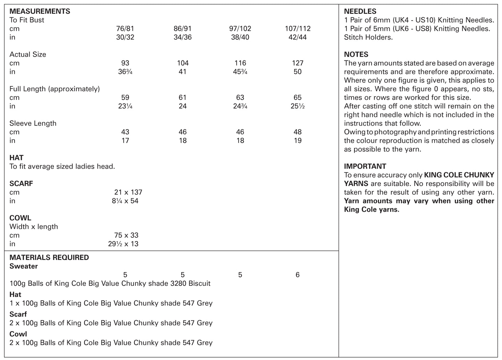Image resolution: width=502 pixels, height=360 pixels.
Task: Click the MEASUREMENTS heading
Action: pyautogui.click(x=40, y=11)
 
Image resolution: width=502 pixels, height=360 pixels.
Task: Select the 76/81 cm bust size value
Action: pyautogui.click(x=125, y=29)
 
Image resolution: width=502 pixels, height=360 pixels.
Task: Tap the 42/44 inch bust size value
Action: pyautogui.click(x=297, y=37)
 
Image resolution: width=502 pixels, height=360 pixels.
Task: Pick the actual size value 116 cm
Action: pyautogui.click(x=240, y=63)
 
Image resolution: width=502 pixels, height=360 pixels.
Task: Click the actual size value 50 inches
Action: pyautogui.click(x=297, y=72)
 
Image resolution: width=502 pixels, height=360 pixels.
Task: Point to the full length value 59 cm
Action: pyautogui.click(x=125, y=98)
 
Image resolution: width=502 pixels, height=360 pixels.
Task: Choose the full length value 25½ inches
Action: pyautogui.click(x=297, y=106)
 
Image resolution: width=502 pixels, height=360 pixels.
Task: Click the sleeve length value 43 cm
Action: pyautogui.click(x=125, y=132)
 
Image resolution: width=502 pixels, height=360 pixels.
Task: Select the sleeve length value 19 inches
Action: pyautogui.click(x=297, y=141)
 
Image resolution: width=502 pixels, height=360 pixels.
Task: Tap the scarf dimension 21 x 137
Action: pyautogui.click(x=128, y=192)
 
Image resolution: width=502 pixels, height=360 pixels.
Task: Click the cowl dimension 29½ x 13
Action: pyautogui.click(x=123, y=244)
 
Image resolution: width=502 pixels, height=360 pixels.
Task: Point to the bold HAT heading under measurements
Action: pyautogui.click(x=16, y=158)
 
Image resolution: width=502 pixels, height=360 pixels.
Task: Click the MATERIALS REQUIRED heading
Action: pyautogui.click(x=49, y=258)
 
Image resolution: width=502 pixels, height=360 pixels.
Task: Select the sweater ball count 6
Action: pyautogui.click(x=297, y=275)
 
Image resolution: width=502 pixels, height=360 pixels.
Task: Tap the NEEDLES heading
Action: pyautogui.click(x=360, y=11)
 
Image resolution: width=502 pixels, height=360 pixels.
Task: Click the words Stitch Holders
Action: pyautogui.click(x=368, y=37)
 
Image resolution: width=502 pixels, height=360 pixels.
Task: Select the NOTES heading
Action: pyautogui.click(x=356, y=55)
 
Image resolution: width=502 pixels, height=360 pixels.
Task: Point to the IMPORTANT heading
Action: pyautogui.click(x=365, y=166)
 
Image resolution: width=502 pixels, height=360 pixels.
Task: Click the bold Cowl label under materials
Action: pyautogui.click(x=18, y=334)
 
